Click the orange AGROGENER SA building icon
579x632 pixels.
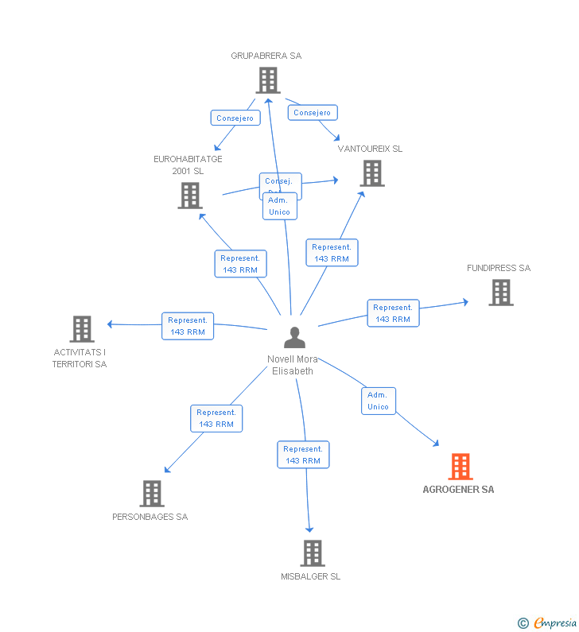(x=460, y=467)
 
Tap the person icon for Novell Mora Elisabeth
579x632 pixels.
(x=294, y=338)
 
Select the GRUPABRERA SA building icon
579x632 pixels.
(x=268, y=80)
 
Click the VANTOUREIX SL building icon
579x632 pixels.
(x=371, y=173)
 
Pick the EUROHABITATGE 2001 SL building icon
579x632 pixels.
(x=190, y=196)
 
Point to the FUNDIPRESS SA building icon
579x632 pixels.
(x=500, y=293)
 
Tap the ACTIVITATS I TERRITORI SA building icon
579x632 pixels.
(x=81, y=329)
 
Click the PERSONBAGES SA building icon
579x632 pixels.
(x=151, y=494)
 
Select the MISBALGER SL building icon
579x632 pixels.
(x=313, y=553)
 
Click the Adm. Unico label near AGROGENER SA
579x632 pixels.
(x=378, y=401)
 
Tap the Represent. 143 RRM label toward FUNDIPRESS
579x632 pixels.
(x=393, y=313)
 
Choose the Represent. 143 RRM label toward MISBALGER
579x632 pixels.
(x=303, y=455)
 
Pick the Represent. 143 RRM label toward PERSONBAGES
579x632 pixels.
(x=216, y=418)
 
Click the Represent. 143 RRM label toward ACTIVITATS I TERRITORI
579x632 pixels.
(x=188, y=326)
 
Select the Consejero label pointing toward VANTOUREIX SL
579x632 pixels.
(x=312, y=113)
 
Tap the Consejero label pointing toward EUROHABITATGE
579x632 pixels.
(x=235, y=118)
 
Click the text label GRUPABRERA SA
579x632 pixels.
(x=266, y=56)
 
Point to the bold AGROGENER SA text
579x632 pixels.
(x=458, y=490)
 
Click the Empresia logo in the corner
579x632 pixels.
(x=548, y=623)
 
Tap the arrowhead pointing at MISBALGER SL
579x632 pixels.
(x=309, y=529)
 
